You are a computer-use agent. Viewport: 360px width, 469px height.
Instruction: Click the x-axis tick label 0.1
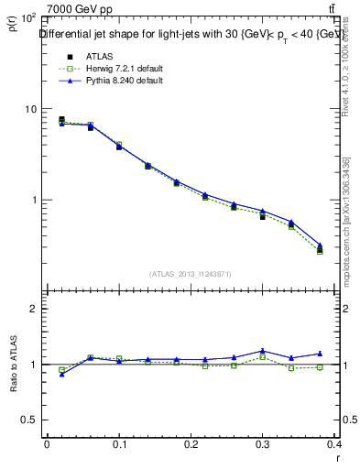(119, 443)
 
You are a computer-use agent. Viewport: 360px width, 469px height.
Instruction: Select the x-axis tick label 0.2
(191, 443)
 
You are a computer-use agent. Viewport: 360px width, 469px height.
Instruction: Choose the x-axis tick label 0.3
(264, 443)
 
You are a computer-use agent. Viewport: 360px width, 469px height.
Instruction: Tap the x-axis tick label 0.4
(334, 443)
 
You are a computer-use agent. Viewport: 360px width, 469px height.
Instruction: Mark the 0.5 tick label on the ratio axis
(29, 420)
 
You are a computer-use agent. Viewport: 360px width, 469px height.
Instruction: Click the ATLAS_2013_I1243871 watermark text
(191, 274)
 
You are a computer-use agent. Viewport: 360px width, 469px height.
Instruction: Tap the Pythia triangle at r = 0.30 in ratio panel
(262, 351)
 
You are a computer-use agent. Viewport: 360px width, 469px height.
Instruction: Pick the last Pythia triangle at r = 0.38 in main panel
(320, 245)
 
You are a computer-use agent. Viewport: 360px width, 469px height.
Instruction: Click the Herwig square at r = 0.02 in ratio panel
(61, 370)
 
